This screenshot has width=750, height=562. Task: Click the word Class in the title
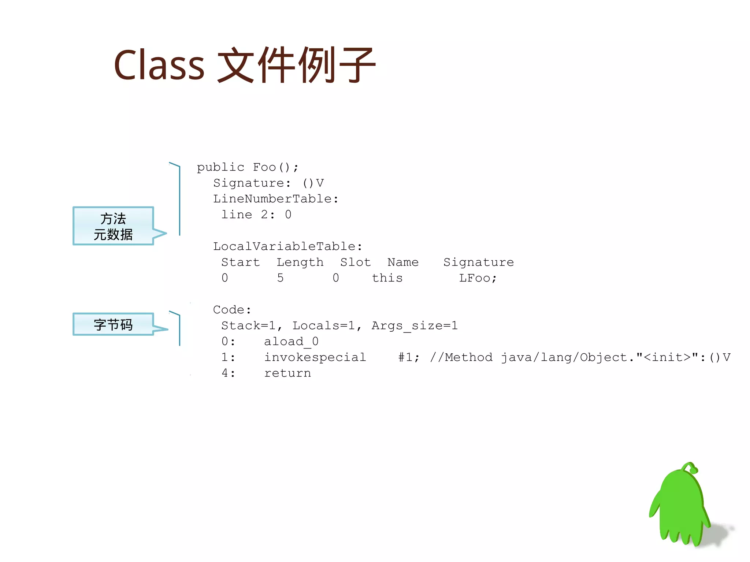159,65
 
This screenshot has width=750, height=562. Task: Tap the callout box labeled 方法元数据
113,226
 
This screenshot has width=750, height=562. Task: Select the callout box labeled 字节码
113,324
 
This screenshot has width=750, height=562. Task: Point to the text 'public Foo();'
248,167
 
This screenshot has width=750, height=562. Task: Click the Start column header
241,262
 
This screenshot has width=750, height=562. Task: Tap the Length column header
300,263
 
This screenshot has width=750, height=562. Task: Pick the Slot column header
355,262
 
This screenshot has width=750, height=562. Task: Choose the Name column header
403,262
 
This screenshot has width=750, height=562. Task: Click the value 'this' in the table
387,278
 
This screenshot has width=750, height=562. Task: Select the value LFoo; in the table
478,278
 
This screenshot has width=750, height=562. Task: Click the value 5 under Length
280,278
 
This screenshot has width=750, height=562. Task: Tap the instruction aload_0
291,342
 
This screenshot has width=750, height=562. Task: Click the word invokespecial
315,357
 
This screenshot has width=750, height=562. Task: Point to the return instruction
287,373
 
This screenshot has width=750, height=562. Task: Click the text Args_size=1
415,326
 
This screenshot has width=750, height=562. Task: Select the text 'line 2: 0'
256,215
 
